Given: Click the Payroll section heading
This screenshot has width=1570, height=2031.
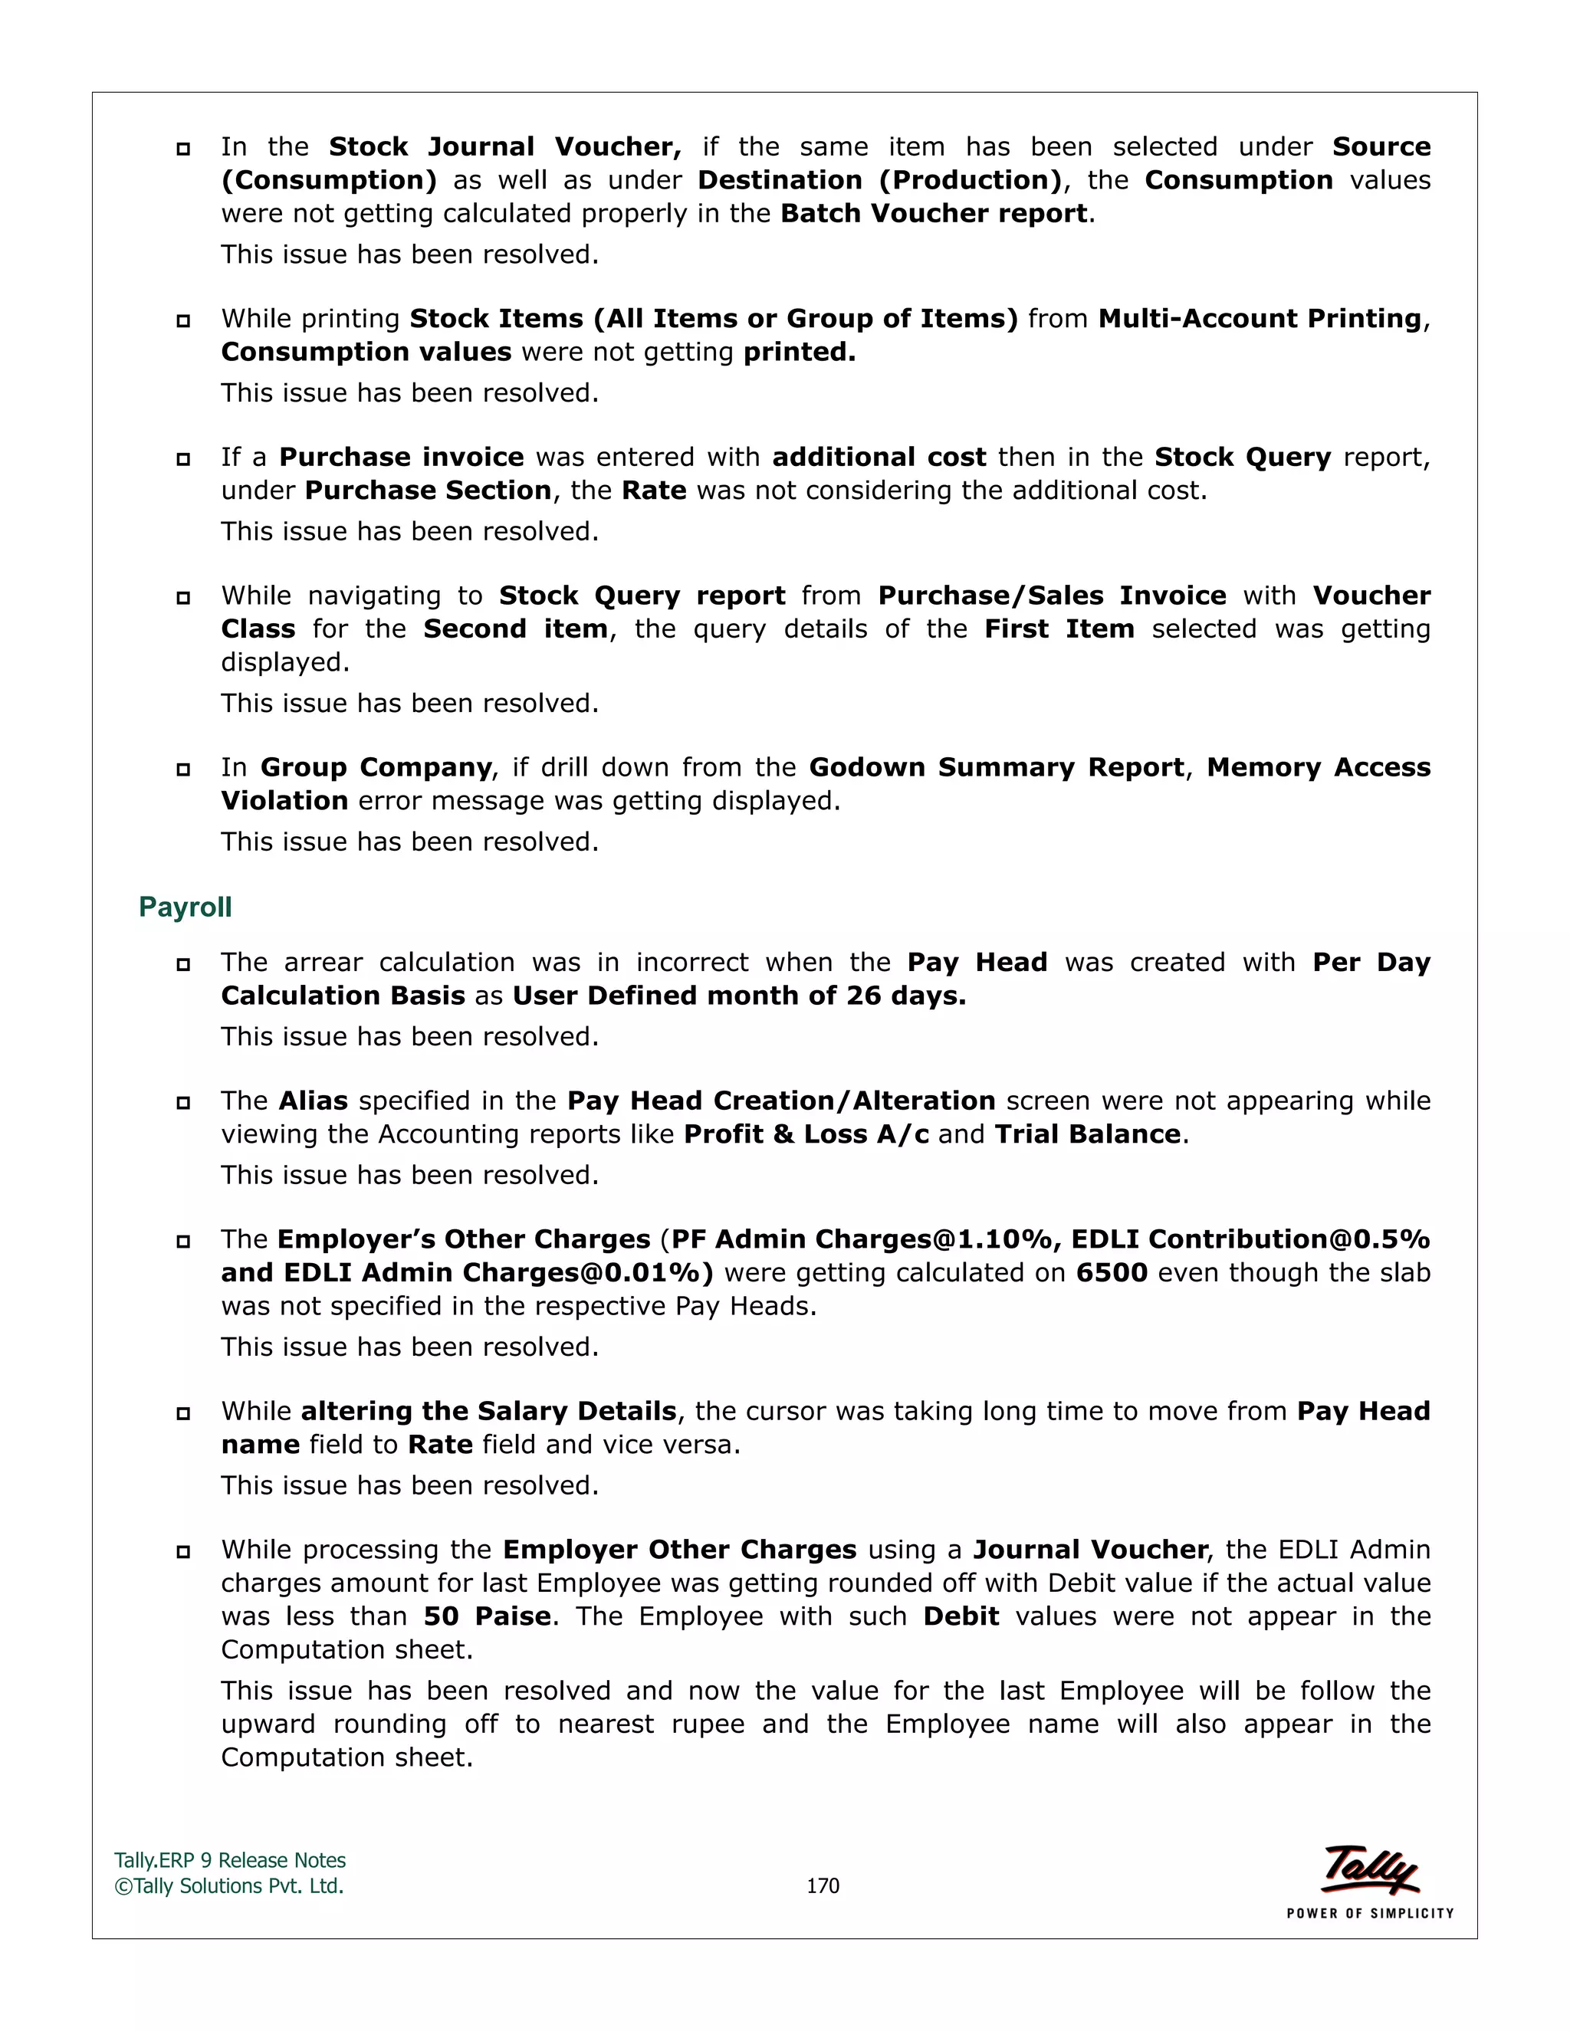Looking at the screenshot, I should click(x=185, y=907).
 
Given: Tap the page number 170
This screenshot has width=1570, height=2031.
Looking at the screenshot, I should click(x=823, y=1886).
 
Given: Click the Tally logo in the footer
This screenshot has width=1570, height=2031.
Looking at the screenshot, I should click(x=1370, y=1870).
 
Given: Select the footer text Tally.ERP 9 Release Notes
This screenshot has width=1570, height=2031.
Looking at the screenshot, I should click(x=230, y=1860).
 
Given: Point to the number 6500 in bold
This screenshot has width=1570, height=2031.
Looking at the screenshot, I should click(x=1112, y=1272).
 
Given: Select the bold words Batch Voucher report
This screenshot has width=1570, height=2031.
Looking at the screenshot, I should click(x=933, y=213).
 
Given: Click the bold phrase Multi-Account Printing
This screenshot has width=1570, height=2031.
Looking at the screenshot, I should click(x=1260, y=318).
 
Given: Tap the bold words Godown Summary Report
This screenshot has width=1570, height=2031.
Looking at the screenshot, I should click(x=996, y=767).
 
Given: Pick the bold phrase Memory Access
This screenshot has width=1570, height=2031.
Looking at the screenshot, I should click(x=1318, y=767).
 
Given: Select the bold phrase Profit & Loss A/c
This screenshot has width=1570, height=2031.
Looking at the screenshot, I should click(x=806, y=1134).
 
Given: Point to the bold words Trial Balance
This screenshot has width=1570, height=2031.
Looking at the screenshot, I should click(x=1087, y=1134).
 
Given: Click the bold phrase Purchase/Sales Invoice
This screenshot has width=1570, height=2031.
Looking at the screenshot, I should click(x=1052, y=596).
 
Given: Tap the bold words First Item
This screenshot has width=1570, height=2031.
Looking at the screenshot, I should click(x=1059, y=628).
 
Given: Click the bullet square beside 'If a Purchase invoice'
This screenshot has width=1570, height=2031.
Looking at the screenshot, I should click(x=183, y=458).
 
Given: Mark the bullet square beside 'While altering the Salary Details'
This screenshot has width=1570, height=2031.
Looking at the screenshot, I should click(x=183, y=1413).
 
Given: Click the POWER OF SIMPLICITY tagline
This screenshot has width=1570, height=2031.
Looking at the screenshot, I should click(x=1370, y=1913).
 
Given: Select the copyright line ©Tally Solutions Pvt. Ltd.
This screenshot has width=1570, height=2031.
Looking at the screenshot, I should click(x=228, y=1886).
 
